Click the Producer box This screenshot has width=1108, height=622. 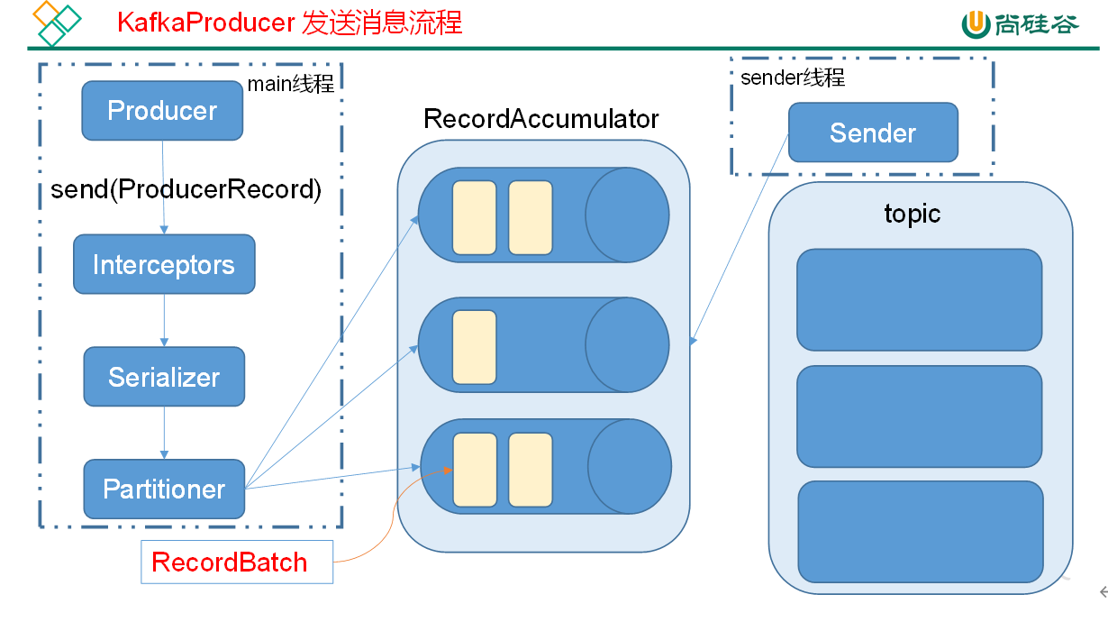coord(162,111)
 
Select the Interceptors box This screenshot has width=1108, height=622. coord(164,265)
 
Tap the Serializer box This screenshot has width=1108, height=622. coord(164,377)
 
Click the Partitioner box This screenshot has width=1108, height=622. coord(164,489)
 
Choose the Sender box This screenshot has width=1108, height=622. coord(873,133)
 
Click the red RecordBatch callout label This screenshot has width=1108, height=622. coord(230,563)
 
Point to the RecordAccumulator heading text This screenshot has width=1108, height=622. coord(541,119)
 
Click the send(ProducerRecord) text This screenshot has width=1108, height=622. coord(186,189)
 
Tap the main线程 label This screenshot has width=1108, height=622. coord(291,85)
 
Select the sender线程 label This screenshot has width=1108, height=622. coord(793,78)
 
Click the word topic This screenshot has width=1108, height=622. coord(913,214)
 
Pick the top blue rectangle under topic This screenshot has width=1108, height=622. coord(919,299)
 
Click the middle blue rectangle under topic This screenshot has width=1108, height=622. coord(919,416)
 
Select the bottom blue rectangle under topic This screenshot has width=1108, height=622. coord(920,532)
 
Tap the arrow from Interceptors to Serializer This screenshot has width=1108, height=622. coord(164,320)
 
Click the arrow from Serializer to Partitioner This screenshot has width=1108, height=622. coord(164,433)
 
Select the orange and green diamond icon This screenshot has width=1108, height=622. coord(56,23)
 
